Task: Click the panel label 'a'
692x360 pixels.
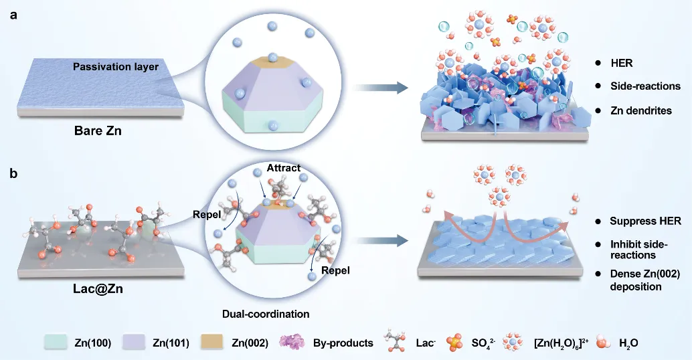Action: click(x=13, y=15)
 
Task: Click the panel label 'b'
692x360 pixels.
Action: click(x=13, y=173)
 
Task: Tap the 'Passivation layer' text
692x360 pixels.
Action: click(x=116, y=67)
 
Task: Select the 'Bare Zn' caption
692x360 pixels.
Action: click(x=98, y=131)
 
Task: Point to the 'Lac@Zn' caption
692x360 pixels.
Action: click(x=98, y=289)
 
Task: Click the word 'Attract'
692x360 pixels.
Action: click(x=283, y=168)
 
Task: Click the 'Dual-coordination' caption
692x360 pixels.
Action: click(x=266, y=314)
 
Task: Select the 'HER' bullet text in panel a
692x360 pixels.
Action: click(x=621, y=63)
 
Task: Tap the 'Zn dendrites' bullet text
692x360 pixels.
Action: click(x=641, y=110)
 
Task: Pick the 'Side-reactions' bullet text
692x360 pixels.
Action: click(x=645, y=86)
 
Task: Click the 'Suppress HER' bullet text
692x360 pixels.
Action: click(x=645, y=221)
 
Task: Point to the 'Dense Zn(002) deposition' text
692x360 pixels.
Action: click(x=644, y=280)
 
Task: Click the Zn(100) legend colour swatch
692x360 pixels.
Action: click(x=56, y=343)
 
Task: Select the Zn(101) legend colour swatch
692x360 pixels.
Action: click(x=134, y=343)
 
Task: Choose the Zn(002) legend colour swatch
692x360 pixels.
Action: click(x=212, y=343)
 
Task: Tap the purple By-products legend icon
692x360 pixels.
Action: click(x=292, y=343)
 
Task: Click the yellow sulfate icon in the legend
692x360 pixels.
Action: click(x=454, y=343)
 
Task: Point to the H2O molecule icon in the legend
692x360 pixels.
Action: click(x=603, y=343)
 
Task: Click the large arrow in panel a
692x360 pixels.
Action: click(x=381, y=88)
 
